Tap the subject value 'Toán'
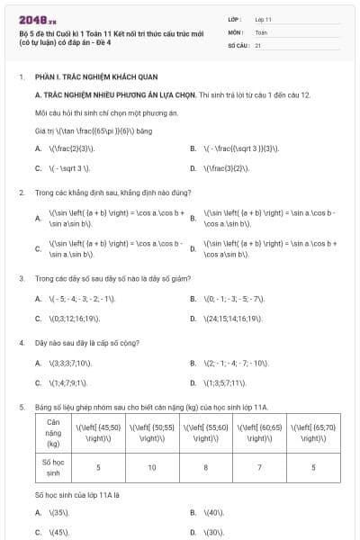click(261, 31)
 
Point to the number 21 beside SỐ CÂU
click(258, 43)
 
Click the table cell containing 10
click(152, 467)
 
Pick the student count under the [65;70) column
click(313, 467)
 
